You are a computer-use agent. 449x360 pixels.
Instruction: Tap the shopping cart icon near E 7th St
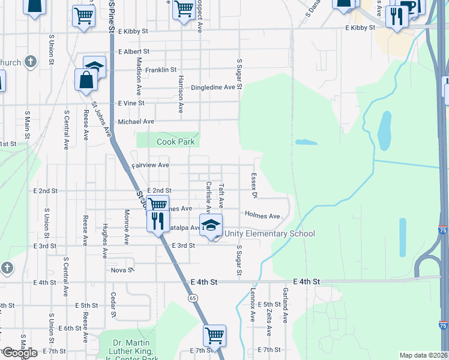pos(214,335)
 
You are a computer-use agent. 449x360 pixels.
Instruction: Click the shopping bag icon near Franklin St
pos(86,80)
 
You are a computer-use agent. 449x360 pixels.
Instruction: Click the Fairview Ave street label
pos(150,165)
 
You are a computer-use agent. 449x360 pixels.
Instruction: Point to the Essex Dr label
pos(254,187)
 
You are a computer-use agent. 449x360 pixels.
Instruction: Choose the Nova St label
pos(122,270)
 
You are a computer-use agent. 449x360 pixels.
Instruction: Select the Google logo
pos(19,353)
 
